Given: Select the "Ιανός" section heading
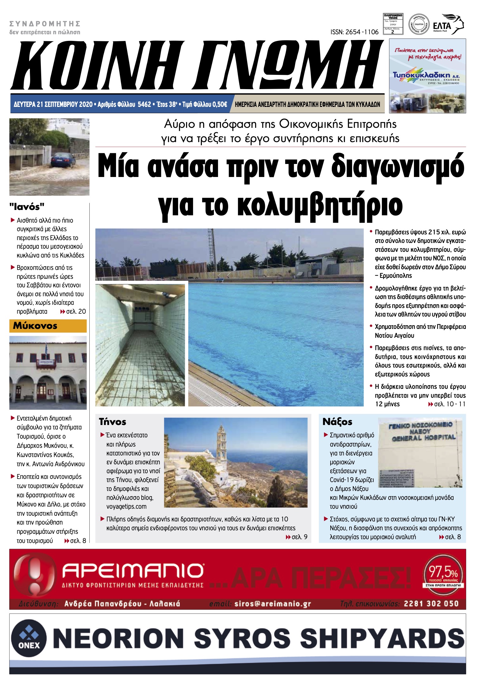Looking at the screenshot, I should (x=27, y=207).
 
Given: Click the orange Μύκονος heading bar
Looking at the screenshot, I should (x=48, y=326).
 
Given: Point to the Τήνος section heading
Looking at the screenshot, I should (x=113, y=422).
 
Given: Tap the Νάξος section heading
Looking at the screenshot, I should (x=337, y=422).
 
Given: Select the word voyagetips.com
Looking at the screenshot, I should (x=126, y=507).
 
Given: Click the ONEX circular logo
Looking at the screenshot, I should (x=29, y=638).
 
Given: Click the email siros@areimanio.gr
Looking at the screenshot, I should (x=273, y=604).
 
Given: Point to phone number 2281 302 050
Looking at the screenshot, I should (x=431, y=604).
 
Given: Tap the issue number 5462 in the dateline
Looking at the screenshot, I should (x=144, y=104).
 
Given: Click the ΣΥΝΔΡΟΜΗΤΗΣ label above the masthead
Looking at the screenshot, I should (x=45, y=24).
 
